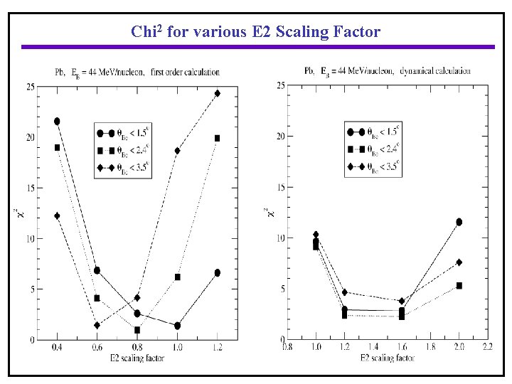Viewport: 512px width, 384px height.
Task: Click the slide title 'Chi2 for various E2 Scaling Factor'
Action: point(255,32)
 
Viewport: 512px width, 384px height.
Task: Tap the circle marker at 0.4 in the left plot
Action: point(57,122)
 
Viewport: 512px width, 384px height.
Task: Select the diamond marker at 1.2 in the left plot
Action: point(218,93)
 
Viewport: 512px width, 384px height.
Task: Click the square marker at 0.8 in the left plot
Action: point(137,330)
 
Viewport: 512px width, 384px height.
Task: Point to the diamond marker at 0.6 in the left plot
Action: point(97,325)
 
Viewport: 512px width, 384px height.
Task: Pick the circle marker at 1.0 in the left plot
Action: point(177,326)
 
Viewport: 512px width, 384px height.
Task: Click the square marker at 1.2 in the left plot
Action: point(218,138)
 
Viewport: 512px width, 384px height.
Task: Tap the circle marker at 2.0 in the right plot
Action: point(459,222)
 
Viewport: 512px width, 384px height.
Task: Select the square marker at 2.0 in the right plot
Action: point(459,285)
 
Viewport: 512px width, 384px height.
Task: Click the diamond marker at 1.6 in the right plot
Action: point(402,302)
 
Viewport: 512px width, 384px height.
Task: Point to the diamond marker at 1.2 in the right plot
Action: point(345,292)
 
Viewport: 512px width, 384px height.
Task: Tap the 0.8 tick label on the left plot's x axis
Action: point(137,348)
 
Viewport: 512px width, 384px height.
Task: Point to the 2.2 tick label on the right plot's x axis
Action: point(487,348)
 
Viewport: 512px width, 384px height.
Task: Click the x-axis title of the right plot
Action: point(387,357)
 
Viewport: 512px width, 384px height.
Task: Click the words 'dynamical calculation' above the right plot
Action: point(435,71)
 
